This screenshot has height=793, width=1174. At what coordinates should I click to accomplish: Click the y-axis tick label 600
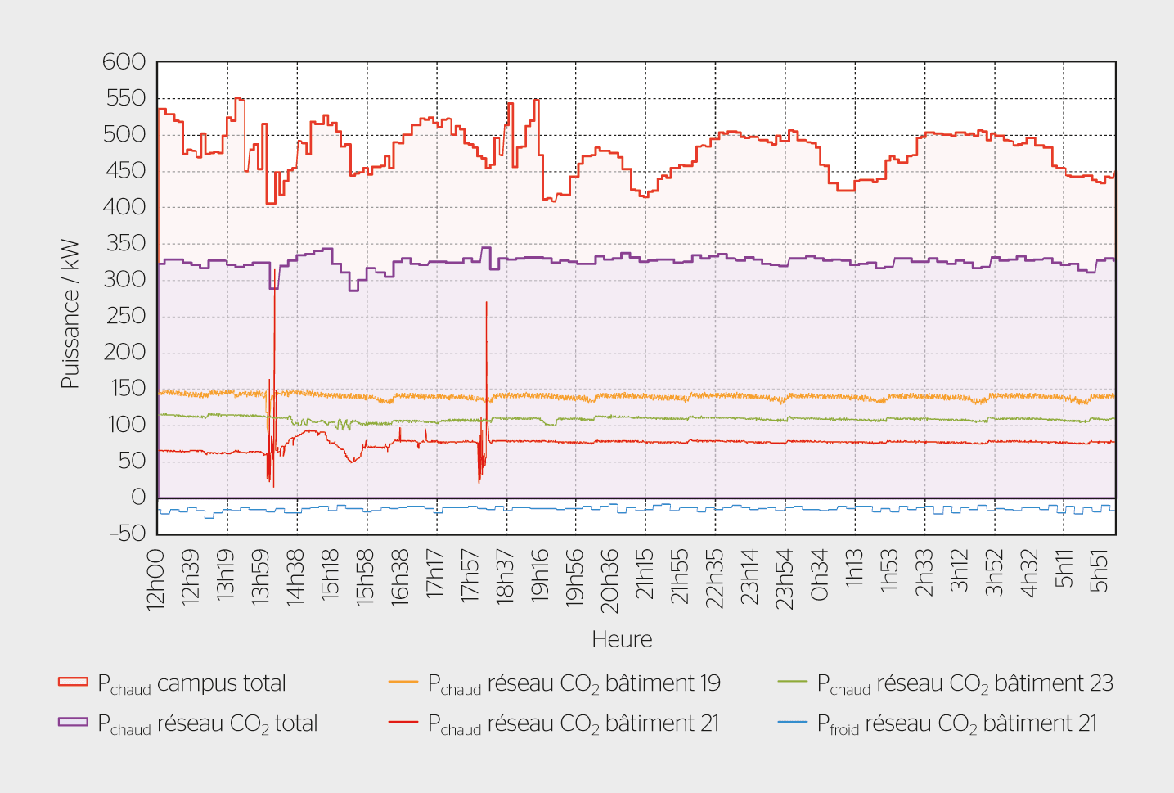click(x=124, y=62)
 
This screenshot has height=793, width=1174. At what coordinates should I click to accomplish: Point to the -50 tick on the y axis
click(x=127, y=534)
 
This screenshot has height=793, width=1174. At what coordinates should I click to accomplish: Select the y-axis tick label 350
click(x=125, y=243)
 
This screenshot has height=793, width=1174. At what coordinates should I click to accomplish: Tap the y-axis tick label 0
click(x=138, y=497)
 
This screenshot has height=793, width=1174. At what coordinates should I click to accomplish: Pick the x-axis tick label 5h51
click(x=1099, y=570)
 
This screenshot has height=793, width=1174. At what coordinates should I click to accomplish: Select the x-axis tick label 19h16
click(x=540, y=575)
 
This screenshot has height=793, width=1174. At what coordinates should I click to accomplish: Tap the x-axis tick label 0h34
click(x=819, y=575)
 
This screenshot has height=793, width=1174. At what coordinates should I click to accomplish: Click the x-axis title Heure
click(x=622, y=639)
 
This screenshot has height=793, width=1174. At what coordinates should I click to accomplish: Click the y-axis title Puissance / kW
click(x=70, y=313)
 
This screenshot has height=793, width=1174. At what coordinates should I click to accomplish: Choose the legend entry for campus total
click(x=191, y=683)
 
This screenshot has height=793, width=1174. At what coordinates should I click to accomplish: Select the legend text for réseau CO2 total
click(x=207, y=723)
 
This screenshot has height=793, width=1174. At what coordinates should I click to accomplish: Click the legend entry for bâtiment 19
click(x=574, y=683)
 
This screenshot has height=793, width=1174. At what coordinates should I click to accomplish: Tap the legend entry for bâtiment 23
click(x=965, y=683)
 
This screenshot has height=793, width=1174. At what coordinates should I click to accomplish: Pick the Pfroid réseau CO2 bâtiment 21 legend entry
click(x=956, y=723)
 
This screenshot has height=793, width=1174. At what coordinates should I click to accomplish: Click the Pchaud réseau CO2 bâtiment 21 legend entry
click(x=574, y=723)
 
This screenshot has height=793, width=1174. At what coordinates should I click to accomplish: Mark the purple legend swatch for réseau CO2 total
click(x=73, y=722)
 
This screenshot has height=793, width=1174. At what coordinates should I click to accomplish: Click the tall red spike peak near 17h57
click(x=486, y=303)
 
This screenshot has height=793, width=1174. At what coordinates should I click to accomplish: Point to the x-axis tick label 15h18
click(x=330, y=575)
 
